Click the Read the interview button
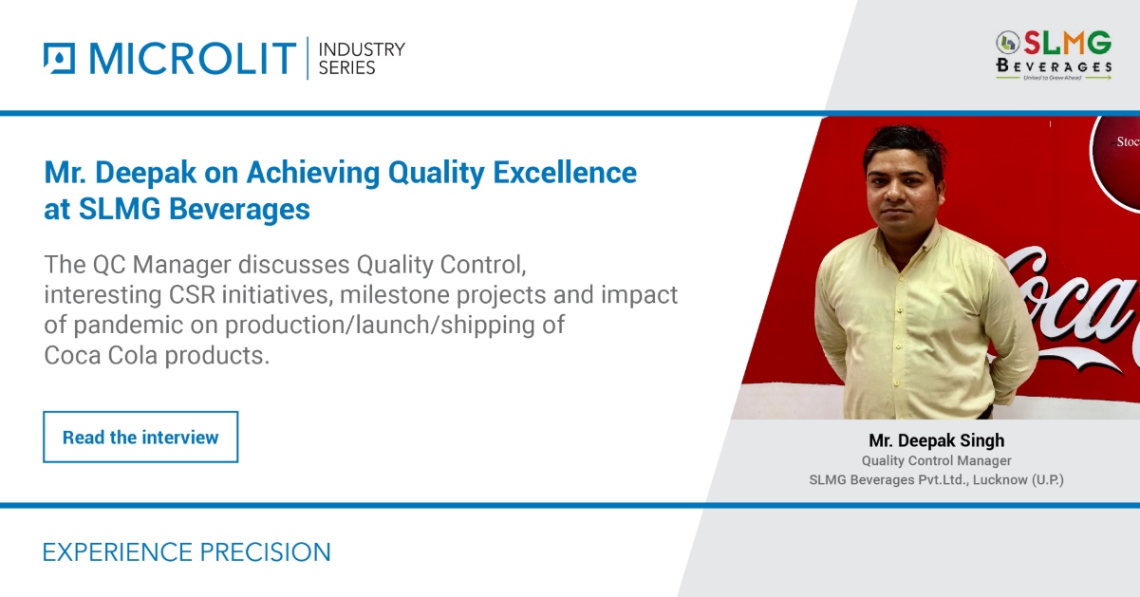pyautogui.click(x=140, y=438)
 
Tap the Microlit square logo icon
pyautogui.click(x=59, y=59)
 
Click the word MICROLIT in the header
pyautogui.click(x=192, y=59)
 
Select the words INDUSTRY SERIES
pyautogui.click(x=361, y=59)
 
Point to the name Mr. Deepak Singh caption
pyautogui.click(x=936, y=440)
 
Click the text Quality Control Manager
pyautogui.click(x=936, y=461)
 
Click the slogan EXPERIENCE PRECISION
pyautogui.click(x=187, y=552)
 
